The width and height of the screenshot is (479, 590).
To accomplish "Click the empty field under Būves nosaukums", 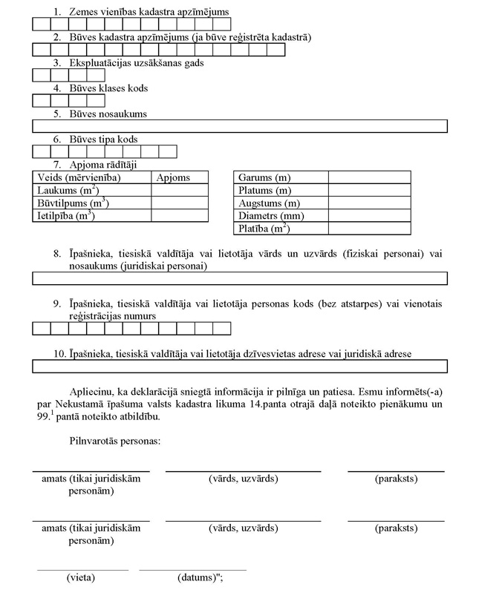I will (x=239, y=126).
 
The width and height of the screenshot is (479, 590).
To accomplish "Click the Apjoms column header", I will (x=174, y=178).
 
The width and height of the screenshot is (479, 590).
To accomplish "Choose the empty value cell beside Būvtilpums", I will (x=180, y=203).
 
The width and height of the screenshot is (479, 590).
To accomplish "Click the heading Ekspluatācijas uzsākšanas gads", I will (x=137, y=63).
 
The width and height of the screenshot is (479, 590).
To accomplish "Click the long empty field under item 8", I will (x=239, y=278).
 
